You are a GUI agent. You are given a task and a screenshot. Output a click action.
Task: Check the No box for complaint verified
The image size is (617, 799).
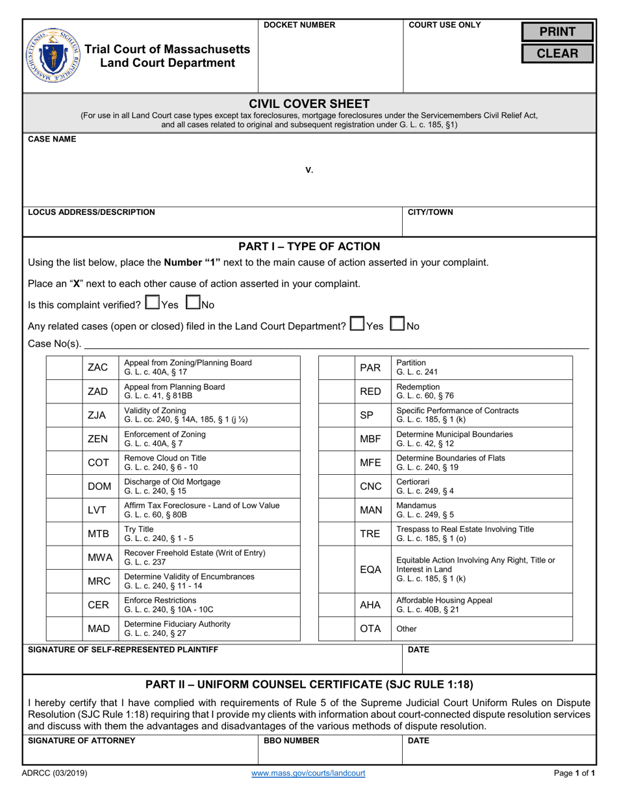tap(193, 303)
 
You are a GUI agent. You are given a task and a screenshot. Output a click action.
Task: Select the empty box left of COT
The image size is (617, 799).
tap(63, 463)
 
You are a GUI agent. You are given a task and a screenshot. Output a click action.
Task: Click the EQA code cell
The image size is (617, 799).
tap(370, 569)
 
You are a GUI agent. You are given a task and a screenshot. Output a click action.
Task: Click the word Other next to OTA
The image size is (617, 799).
tap(407, 629)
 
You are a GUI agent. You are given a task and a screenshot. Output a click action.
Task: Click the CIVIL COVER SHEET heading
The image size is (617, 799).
tap(309, 104)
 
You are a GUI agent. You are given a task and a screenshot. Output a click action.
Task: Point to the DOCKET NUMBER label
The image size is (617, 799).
tap(299, 25)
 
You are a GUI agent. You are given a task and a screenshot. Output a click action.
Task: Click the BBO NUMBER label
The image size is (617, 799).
tap(291, 741)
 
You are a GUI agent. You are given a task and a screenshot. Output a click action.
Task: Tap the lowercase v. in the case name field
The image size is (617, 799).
tap(309, 170)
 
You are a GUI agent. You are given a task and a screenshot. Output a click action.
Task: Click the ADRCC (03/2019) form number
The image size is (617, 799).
tap(57, 773)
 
